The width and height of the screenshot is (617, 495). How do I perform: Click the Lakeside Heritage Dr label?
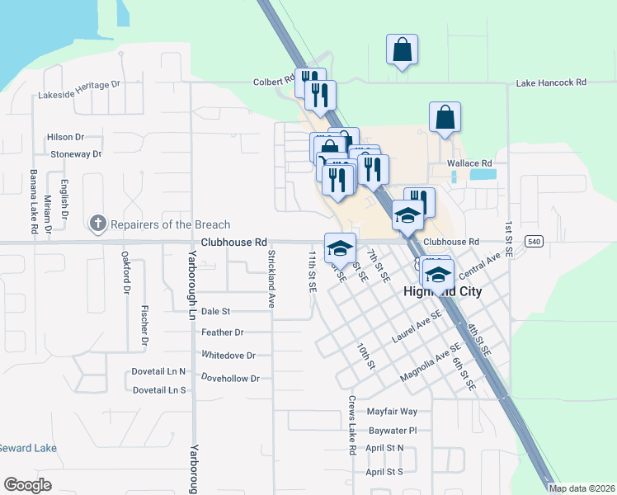click(79, 95)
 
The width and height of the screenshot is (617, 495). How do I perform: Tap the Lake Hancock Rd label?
click(551, 83)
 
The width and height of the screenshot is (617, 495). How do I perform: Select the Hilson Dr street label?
click(66, 137)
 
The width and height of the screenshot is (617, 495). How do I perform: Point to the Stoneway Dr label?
click(76, 154)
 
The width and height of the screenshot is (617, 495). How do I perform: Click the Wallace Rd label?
click(469, 163)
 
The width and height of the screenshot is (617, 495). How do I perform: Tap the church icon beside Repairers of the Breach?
click(97, 224)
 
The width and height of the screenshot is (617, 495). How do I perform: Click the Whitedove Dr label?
click(228, 356)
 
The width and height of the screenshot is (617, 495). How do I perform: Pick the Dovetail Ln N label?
click(159, 372)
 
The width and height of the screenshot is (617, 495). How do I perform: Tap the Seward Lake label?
click(29, 448)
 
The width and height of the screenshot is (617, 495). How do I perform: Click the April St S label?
click(384, 472)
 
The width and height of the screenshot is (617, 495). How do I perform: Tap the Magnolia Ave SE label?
click(430, 364)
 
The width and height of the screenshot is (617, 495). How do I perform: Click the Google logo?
click(27, 485)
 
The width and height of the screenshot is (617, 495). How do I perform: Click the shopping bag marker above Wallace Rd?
click(445, 119)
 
